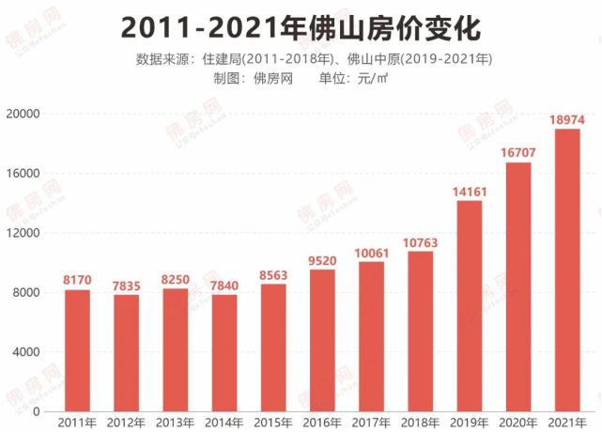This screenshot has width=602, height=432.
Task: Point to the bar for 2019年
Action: click(x=470, y=306)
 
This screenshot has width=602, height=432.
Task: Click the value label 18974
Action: click(x=567, y=119)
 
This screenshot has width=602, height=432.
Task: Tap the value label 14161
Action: click(x=470, y=192)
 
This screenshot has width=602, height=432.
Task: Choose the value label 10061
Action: click(x=371, y=252)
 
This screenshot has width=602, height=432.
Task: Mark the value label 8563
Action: click(x=273, y=274)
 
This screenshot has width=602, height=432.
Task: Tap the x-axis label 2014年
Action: click(x=224, y=423)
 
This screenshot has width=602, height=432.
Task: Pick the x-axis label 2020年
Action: click(x=518, y=423)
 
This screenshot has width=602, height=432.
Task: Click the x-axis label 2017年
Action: click(x=371, y=423)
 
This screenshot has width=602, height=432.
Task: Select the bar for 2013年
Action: click(x=176, y=349)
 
